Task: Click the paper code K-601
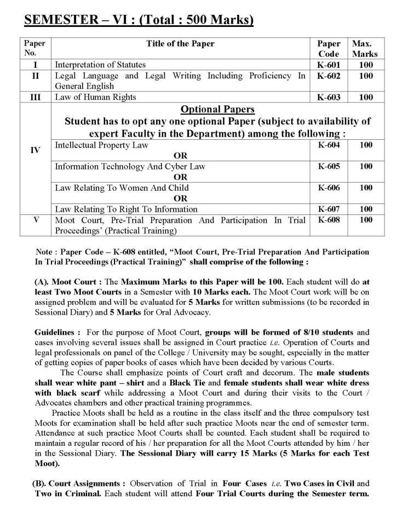tap(329, 65)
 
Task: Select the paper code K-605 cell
tap(329, 166)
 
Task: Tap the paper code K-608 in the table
tap(329, 220)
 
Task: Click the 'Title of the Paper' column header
tap(180, 43)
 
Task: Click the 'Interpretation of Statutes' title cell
tap(100, 65)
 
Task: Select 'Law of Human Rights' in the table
tap(95, 97)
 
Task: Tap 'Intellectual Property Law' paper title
tap(102, 145)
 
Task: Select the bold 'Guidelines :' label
tap(57, 332)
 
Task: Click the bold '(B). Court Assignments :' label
tap(80, 484)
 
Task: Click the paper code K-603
tap(329, 97)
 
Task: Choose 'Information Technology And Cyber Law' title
tap(130, 166)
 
